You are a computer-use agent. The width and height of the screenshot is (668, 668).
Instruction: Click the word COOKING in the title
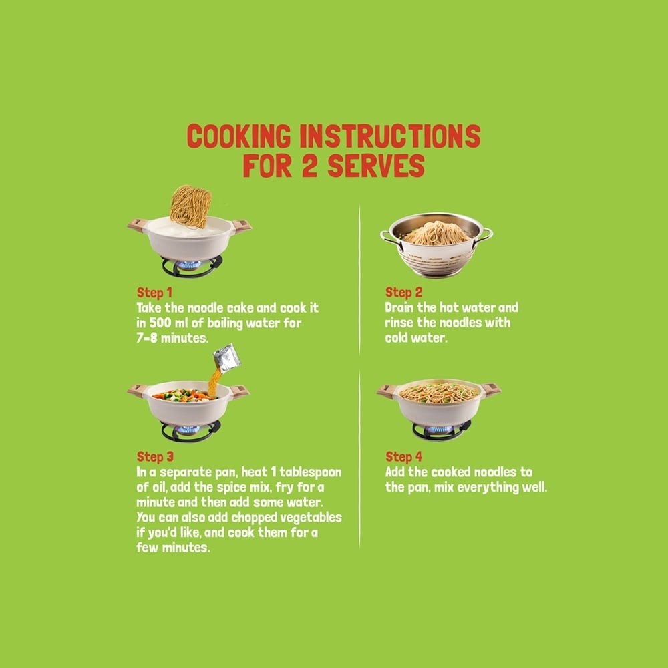pyautogui.click(x=238, y=136)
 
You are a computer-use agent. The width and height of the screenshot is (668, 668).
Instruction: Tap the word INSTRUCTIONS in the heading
pyautogui.click(x=390, y=136)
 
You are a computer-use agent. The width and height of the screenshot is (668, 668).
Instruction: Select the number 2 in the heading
pyautogui.click(x=310, y=166)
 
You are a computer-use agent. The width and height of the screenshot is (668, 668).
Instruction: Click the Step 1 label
pyautogui.click(x=154, y=293)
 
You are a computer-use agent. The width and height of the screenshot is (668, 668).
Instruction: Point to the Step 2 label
pyautogui.click(x=403, y=293)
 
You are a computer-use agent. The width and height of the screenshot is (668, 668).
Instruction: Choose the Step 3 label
pyautogui.click(x=155, y=457)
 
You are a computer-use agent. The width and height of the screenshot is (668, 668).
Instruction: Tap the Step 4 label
pyautogui.click(x=403, y=457)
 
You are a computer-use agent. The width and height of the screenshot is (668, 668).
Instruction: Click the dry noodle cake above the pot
pyautogui.click(x=190, y=206)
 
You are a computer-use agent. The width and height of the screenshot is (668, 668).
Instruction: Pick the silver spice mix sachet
pyautogui.click(x=227, y=358)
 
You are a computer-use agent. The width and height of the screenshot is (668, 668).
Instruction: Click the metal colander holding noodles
pyautogui.click(x=436, y=245)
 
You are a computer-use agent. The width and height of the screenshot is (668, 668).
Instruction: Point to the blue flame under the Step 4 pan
pyautogui.click(x=439, y=430)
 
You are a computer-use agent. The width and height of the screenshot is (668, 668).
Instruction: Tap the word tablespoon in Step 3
pyautogui.click(x=310, y=473)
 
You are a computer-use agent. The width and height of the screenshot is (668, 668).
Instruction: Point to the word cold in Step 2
pyautogui.click(x=396, y=338)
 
